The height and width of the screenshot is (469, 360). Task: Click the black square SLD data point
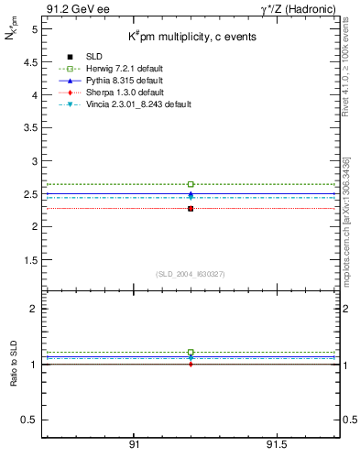point(191,209)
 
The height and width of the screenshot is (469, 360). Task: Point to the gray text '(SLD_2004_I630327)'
point(191,274)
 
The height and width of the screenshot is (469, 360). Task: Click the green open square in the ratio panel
point(191,352)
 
